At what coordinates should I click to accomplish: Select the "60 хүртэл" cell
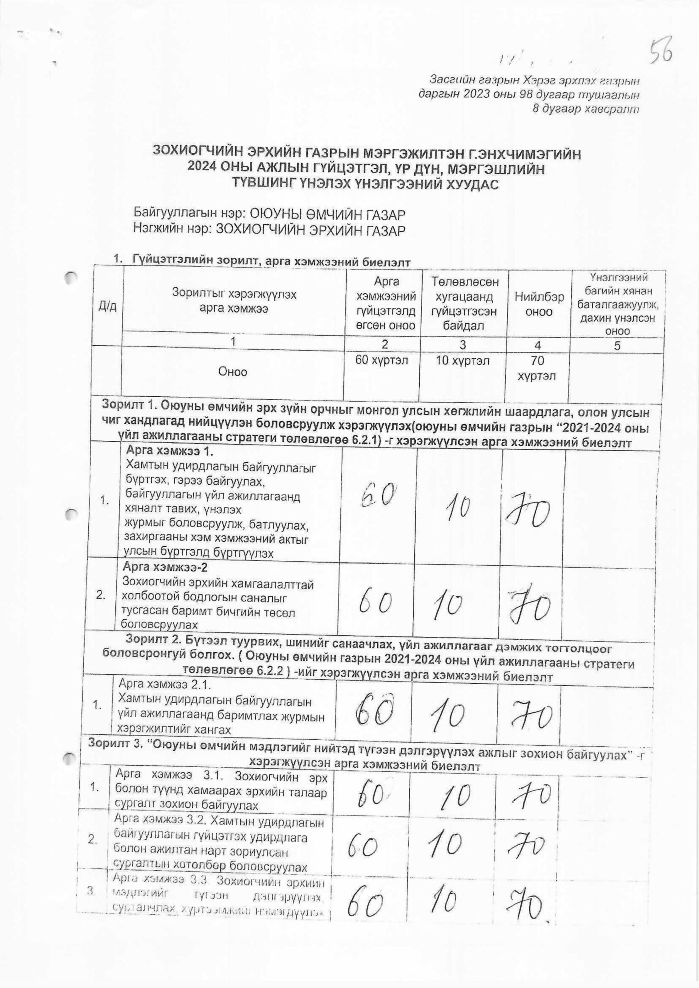click(x=382, y=360)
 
